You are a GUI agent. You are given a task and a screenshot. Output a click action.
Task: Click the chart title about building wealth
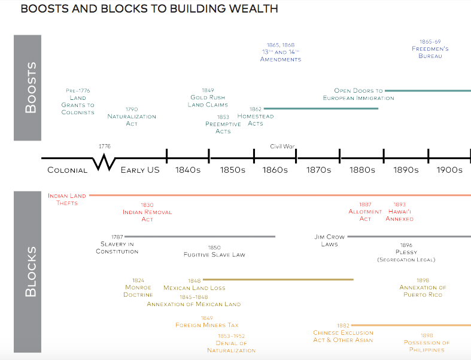[x=149, y=10]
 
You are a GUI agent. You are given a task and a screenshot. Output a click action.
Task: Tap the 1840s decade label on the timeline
[x=187, y=170]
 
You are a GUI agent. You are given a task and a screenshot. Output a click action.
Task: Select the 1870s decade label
[x=318, y=170]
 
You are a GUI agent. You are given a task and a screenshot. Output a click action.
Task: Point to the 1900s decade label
[x=449, y=170]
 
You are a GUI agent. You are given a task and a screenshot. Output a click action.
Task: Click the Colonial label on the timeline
[x=67, y=170]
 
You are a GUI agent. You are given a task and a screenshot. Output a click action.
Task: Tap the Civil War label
[x=282, y=147]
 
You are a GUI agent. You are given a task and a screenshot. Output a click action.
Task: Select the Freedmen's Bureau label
[x=430, y=49]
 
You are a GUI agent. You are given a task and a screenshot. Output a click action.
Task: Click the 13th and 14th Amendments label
[x=281, y=52]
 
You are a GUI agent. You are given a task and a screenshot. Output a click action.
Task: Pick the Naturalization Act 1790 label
[x=132, y=117]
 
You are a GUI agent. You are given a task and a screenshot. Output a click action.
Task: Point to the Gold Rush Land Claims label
[x=208, y=97]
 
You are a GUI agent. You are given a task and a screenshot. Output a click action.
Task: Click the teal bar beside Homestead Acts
[x=321, y=108]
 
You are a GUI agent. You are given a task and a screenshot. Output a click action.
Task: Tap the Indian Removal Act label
[x=147, y=212]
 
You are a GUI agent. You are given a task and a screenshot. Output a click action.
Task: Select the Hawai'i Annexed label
[x=399, y=212]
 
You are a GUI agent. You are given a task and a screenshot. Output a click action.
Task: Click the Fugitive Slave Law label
[x=214, y=251]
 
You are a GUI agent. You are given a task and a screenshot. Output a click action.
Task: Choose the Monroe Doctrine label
[x=138, y=288]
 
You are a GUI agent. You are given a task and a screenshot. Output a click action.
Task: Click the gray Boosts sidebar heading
[x=28, y=87]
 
